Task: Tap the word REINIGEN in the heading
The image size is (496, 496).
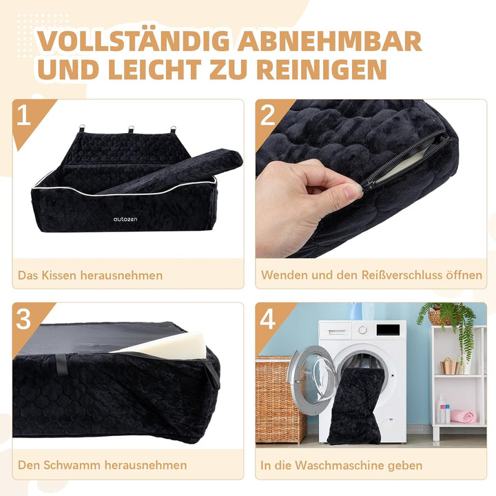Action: [x=322, y=69]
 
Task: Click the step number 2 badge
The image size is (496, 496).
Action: [x=267, y=115]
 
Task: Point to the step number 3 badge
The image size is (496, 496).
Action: [x=23, y=319]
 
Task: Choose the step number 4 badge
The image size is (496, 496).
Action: [x=267, y=319]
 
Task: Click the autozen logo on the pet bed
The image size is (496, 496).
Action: [x=125, y=219]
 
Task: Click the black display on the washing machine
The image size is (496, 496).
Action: [x=387, y=330]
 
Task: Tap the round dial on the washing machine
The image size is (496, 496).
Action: [x=363, y=330]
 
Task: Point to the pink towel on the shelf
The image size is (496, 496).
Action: [x=464, y=416]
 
